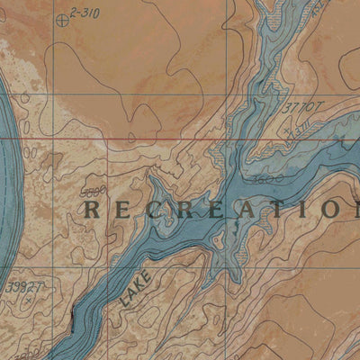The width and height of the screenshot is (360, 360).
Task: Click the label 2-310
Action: (87, 13)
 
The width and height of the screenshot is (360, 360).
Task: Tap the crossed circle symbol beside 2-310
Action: (60, 19)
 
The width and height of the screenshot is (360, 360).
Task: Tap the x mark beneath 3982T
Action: (31, 301)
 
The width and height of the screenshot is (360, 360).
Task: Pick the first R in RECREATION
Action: (91, 210)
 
